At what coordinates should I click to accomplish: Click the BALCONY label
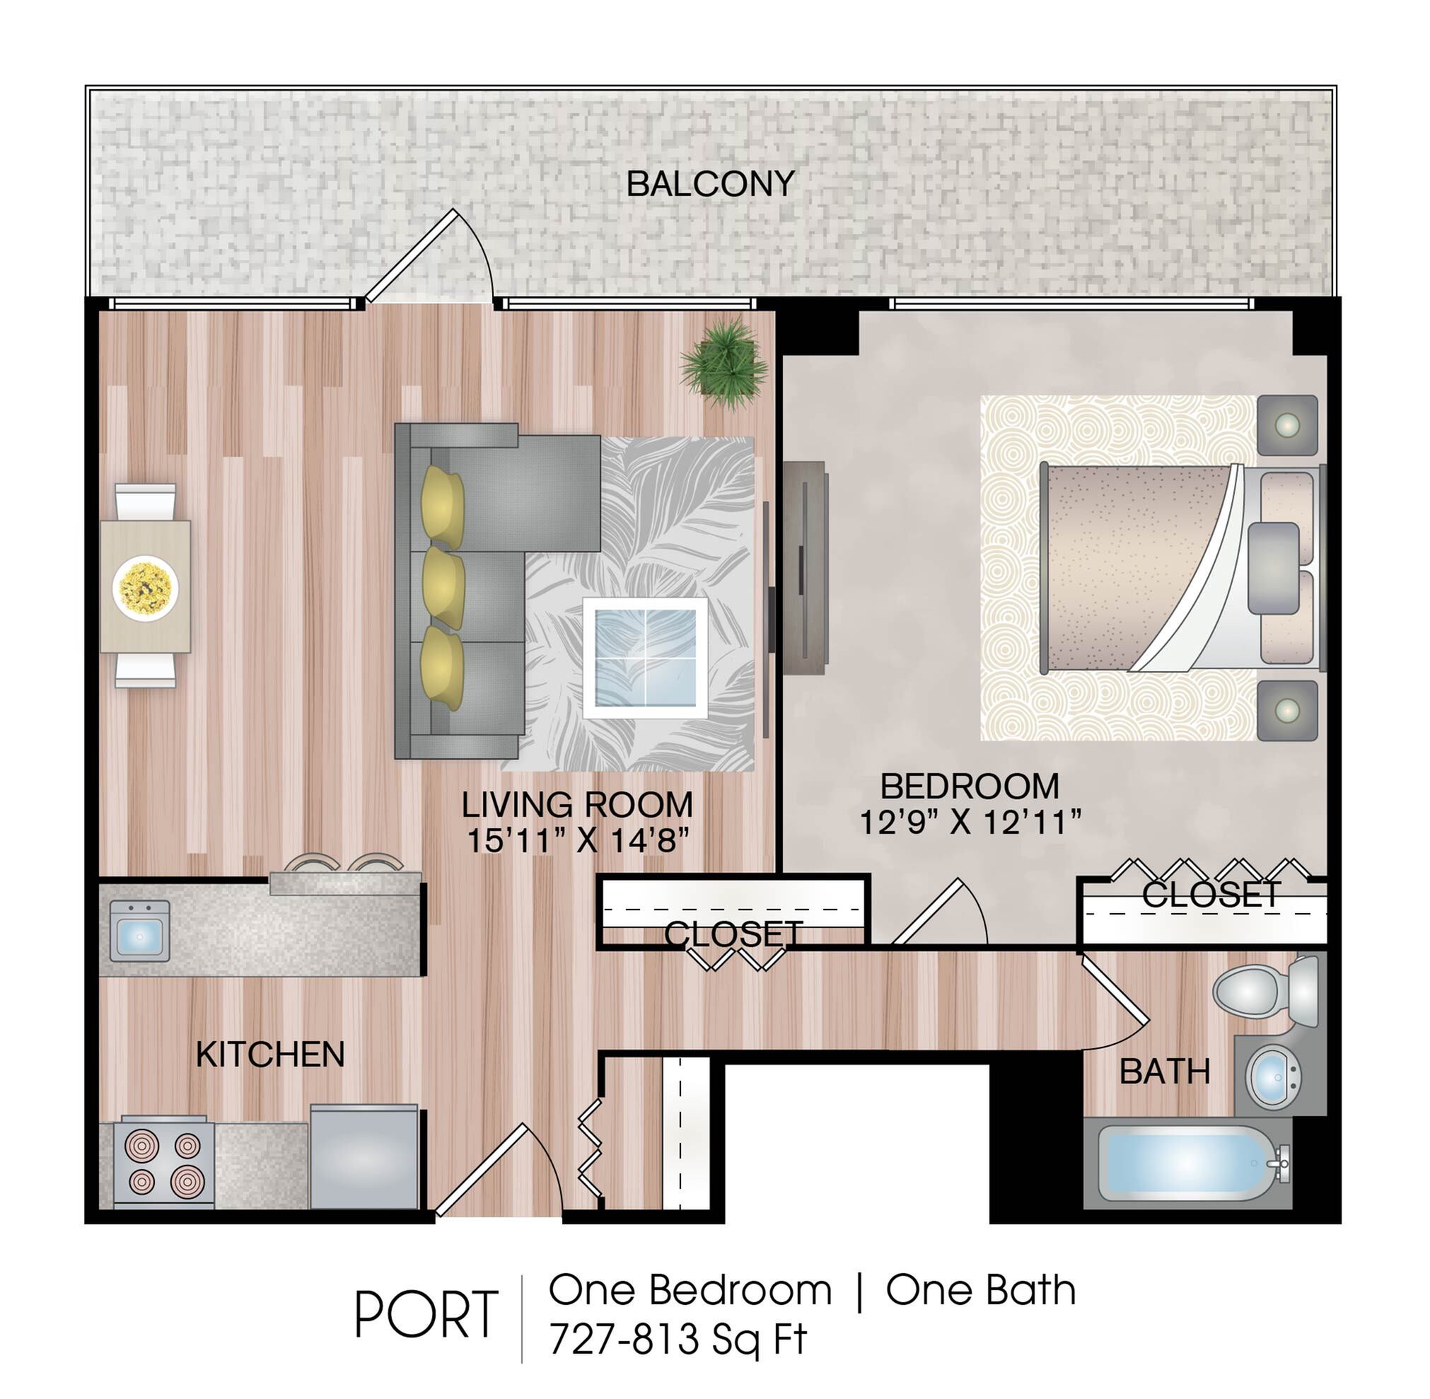click(710, 184)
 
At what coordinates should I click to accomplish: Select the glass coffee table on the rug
click(645, 658)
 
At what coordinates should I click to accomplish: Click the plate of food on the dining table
click(146, 588)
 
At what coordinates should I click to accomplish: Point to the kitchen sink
click(139, 930)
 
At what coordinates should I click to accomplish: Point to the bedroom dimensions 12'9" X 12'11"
click(970, 821)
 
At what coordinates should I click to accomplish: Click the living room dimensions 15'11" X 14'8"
click(579, 840)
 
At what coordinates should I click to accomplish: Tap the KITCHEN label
click(270, 1055)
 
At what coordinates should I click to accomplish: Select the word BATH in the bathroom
click(1165, 1072)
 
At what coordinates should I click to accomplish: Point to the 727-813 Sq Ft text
click(678, 1339)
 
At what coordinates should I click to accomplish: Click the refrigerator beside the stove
click(364, 1156)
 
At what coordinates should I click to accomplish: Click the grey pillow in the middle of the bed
click(1274, 567)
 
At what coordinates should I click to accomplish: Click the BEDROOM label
click(970, 787)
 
